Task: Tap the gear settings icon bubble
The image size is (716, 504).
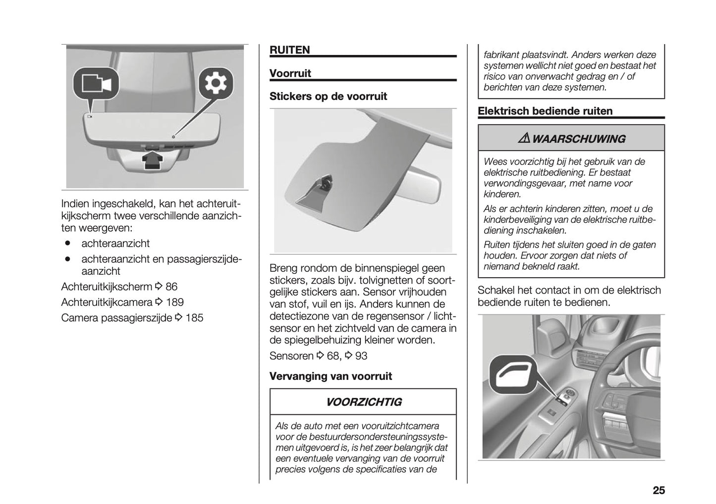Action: click(x=216, y=83)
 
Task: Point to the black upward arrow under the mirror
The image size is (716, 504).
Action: click(x=154, y=160)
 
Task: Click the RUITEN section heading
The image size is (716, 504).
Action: click(x=289, y=50)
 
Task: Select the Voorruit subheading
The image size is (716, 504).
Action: click(x=290, y=73)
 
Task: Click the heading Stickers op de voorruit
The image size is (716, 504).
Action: click(x=328, y=96)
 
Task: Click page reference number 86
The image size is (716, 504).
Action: click(x=171, y=287)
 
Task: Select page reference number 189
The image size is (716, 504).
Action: click(x=174, y=302)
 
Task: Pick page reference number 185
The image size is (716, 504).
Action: click(x=194, y=318)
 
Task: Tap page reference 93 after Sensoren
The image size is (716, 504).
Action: click(x=361, y=356)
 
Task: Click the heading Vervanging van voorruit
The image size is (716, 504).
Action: click(x=330, y=376)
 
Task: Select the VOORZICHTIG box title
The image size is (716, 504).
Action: click(x=363, y=402)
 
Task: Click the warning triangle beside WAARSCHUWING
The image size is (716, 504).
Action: click(x=524, y=139)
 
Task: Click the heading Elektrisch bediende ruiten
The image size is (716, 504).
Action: click(x=545, y=111)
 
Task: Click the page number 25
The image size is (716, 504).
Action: click(x=658, y=490)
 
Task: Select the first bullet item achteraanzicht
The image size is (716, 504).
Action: click(x=115, y=244)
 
